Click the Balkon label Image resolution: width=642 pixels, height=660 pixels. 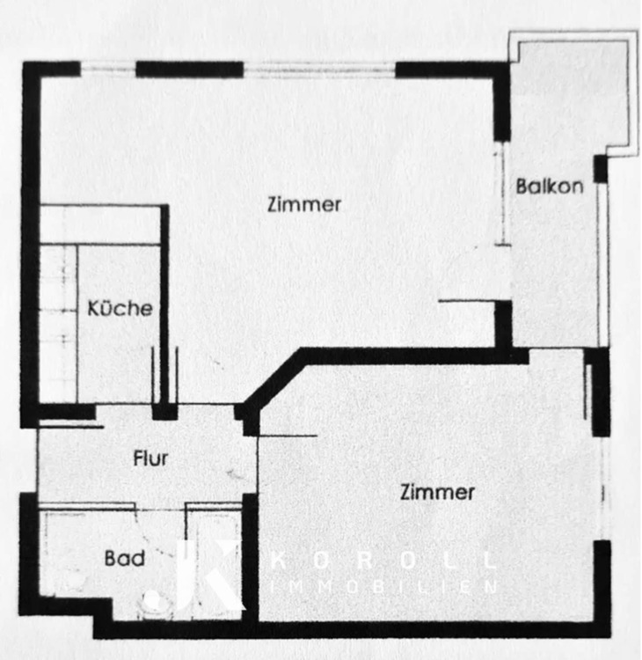(550, 187)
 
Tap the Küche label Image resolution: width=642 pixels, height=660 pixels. (120, 309)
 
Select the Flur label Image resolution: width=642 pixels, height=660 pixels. (151, 458)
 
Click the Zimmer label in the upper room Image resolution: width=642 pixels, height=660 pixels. (304, 204)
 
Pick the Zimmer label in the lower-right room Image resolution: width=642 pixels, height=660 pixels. (437, 492)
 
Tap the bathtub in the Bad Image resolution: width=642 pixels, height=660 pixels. (213, 554)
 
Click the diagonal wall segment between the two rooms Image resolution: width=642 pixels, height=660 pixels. (273, 378)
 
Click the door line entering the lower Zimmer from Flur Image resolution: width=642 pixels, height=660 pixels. (287, 436)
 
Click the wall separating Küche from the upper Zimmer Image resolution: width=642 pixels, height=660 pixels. (164, 299)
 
